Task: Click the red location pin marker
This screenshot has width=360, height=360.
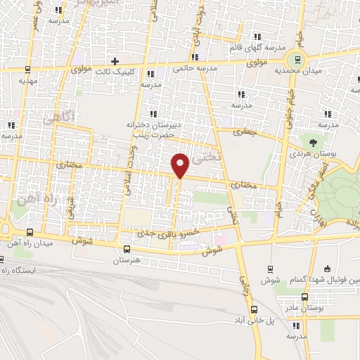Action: (180, 165)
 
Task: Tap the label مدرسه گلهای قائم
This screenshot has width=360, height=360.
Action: (261, 47)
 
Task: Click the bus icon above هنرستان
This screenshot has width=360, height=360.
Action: (127, 249)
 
